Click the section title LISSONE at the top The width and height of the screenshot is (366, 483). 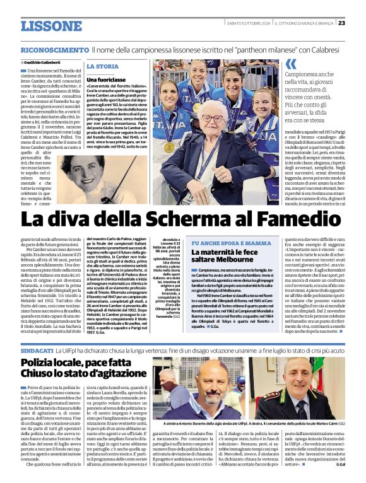click(x=51, y=25)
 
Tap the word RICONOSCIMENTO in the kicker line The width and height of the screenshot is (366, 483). click(x=54, y=49)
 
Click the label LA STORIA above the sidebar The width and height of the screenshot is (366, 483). click(x=102, y=66)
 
